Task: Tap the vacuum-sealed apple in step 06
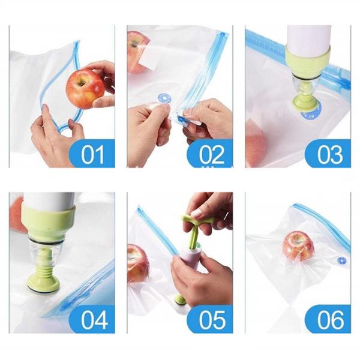click(x=298, y=247)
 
